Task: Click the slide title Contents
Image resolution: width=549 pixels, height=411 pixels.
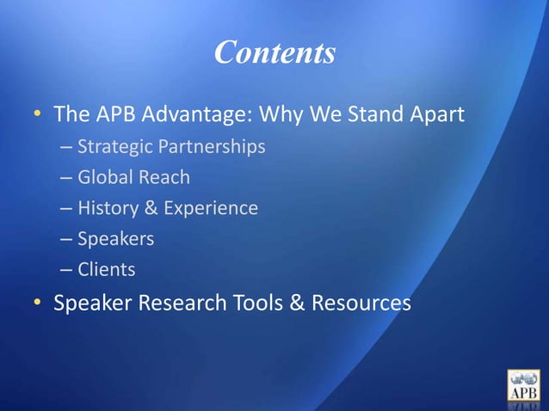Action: point(274,53)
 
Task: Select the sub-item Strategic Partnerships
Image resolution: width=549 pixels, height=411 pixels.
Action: point(170,147)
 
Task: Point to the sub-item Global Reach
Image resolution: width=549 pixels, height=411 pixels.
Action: point(133,178)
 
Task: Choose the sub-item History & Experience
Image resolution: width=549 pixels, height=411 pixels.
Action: point(167,208)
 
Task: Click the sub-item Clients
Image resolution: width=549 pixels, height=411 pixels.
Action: point(106,270)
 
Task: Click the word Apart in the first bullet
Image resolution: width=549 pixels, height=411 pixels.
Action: point(435,114)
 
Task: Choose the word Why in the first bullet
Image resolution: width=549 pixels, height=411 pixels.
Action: point(283,114)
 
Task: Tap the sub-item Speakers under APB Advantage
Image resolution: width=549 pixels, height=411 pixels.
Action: point(115,239)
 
